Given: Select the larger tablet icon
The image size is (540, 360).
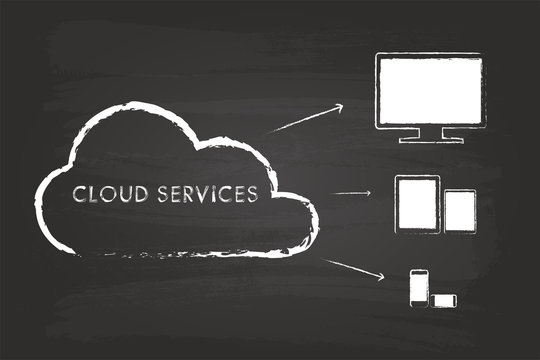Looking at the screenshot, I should point(418,204).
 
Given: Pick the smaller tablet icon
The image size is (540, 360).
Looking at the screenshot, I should point(460,211).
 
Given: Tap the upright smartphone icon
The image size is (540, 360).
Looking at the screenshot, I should point(419,286).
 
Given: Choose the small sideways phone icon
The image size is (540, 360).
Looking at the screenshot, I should point(443,298).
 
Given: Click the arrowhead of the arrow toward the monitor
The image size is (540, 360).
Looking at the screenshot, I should point(338,107).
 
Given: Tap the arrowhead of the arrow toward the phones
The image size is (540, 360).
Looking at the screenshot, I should point(366,276).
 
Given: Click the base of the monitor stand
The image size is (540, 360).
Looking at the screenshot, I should point(428,140).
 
